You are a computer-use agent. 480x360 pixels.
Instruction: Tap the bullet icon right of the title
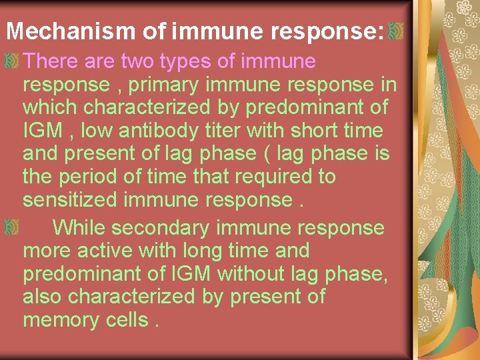coord(396,31)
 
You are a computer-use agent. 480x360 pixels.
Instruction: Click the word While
coord(79,228)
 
